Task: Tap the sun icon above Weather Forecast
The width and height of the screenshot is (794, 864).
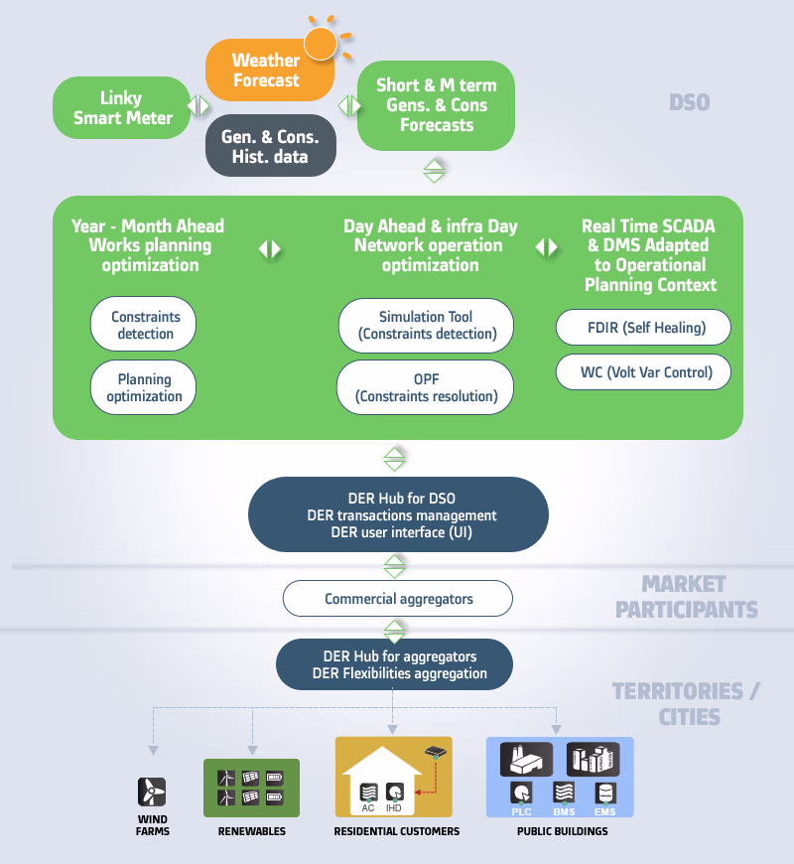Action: click(321, 43)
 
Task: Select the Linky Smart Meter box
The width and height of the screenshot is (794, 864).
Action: click(122, 107)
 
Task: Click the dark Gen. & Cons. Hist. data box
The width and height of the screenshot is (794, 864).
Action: click(270, 145)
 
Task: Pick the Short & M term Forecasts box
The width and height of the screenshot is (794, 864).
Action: click(436, 105)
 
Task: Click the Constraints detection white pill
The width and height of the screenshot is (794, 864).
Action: click(143, 324)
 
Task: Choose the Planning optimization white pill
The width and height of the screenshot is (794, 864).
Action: click(143, 387)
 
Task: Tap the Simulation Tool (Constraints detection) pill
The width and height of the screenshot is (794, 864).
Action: click(426, 325)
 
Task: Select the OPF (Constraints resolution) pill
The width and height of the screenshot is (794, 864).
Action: click(425, 387)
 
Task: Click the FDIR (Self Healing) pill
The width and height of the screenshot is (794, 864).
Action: click(643, 328)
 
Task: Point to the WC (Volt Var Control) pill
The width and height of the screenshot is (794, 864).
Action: click(643, 372)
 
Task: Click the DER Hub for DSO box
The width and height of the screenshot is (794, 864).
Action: click(398, 514)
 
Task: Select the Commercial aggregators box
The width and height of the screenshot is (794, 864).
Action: click(398, 599)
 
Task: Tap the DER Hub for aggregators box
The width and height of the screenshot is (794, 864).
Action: click(394, 664)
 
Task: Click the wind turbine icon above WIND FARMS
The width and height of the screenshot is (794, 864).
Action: click(152, 792)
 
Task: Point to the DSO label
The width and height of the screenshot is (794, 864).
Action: click(690, 102)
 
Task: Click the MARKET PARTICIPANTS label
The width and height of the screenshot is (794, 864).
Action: click(686, 597)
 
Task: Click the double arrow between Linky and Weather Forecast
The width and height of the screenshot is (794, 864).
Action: click(198, 106)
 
